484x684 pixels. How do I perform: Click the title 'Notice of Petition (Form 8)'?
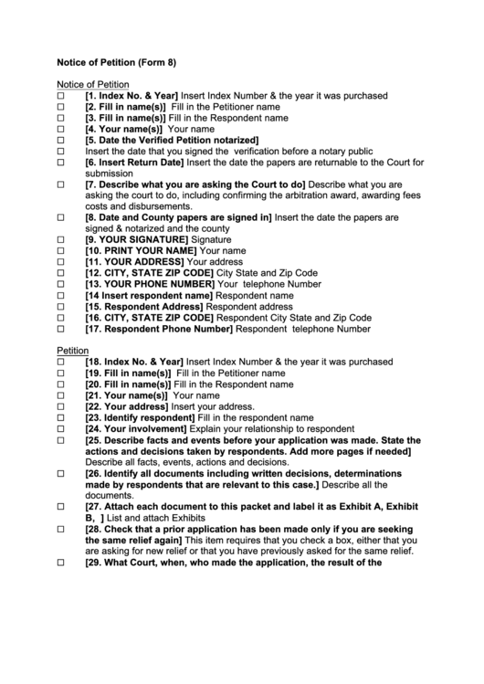116,63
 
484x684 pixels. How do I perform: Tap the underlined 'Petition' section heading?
73,351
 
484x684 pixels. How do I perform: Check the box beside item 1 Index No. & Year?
62,96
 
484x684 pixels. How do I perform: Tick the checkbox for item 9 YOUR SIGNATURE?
62,239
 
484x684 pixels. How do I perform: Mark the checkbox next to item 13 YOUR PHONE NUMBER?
62,284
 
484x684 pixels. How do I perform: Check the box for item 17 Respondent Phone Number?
62,329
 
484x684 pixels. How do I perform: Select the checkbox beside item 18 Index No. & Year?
62,363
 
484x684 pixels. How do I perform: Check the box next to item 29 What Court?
62,563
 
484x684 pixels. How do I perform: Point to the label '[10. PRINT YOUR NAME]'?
141,250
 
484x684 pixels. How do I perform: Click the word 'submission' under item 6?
109,174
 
